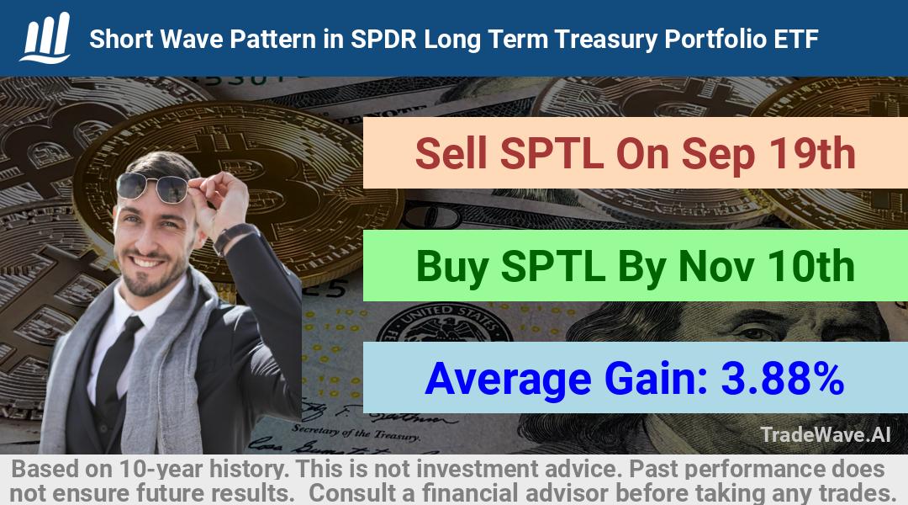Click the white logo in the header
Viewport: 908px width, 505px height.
pyautogui.click(x=45, y=38)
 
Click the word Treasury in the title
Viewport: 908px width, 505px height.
pyautogui.click(x=605, y=40)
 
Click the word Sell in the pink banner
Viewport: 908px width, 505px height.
pyautogui.click(x=451, y=153)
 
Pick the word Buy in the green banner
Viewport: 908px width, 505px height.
pyautogui.click(x=451, y=268)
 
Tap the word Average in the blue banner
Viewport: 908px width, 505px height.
pyautogui.click(x=508, y=380)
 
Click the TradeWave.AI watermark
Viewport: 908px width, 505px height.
pyautogui.click(x=826, y=434)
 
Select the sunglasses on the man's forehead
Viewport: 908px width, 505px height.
pyautogui.click(x=152, y=187)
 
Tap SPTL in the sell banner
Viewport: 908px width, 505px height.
pyautogui.click(x=552, y=153)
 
